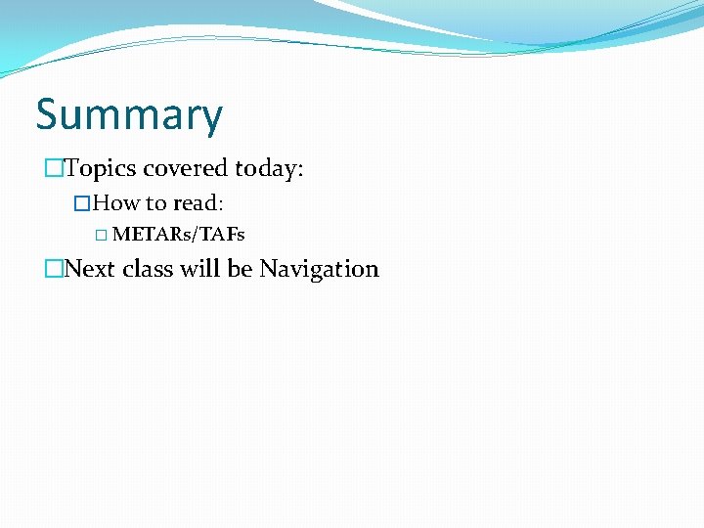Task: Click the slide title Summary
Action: point(129,116)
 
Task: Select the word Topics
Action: point(101,169)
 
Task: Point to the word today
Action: point(267,169)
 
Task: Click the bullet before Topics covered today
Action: point(53,169)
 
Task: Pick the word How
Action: point(117,203)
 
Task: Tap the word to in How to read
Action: point(155,203)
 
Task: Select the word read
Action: point(197,203)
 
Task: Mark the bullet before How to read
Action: point(82,203)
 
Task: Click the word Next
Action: point(90,269)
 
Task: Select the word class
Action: point(148,269)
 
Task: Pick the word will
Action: point(200,269)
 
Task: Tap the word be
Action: point(241,269)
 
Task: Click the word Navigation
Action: point(319,269)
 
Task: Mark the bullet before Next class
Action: point(53,269)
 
